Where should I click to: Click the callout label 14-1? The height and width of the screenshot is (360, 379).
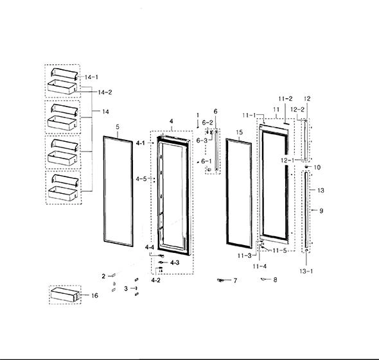pos(91,77)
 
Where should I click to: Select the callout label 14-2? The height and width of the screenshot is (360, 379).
pos(105,92)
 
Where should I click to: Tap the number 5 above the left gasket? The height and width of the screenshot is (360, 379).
pos(118,127)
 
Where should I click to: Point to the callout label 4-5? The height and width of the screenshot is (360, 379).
pos(141,179)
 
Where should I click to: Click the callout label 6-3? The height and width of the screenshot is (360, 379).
pos(202,141)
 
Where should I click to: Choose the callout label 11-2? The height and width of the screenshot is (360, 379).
pos(285,99)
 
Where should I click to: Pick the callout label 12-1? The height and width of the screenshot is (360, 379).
pos(288,160)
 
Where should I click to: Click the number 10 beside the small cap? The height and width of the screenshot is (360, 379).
pos(317,167)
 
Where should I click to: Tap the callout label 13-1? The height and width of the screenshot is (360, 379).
pos(306,271)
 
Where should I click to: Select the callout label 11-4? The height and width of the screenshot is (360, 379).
pos(260,266)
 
